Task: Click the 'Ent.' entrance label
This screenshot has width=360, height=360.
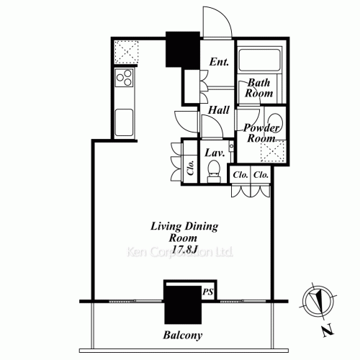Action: tap(219, 62)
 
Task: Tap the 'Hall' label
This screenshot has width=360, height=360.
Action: tap(219, 110)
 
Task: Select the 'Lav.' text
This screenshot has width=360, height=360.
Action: tap(215, 153)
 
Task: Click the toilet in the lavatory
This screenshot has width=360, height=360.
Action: tap(213, 171)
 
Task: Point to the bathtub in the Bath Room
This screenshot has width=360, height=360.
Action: tap(259, 60)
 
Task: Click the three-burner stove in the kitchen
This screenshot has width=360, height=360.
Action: tap(124, 78)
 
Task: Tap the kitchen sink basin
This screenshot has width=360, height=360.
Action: tap(124, 122)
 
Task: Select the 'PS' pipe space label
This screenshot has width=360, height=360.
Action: tap(208, 292)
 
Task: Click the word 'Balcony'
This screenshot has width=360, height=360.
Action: tap(183, 335)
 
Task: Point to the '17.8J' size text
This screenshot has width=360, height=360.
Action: tap(185, 250)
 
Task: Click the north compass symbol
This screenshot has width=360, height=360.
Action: tap(318, 301)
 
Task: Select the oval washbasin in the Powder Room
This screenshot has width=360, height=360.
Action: tap(275, 122)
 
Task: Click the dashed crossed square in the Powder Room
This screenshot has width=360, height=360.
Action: tap(273, 152)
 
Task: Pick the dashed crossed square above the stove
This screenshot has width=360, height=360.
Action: tap(126, 53)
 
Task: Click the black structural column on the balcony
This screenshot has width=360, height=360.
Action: tap(183, 305)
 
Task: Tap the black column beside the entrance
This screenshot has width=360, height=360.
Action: tap(183, 49)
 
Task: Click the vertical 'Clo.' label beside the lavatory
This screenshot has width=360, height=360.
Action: tap(191, 167)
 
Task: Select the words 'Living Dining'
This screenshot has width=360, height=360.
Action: tap(184, 226)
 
